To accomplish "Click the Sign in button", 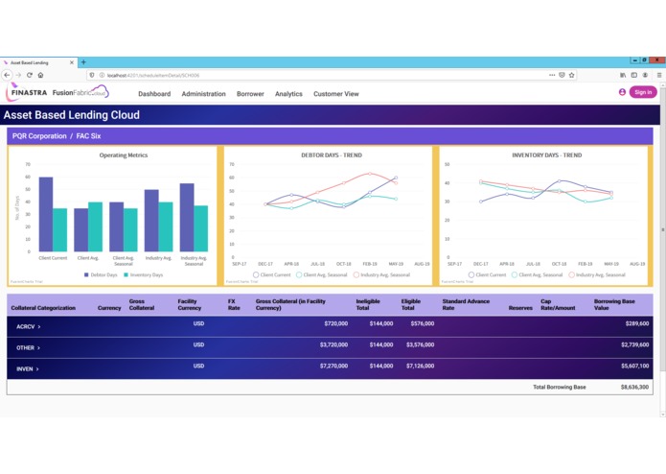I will tap(643, 92).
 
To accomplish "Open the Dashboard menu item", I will tap(154, 94).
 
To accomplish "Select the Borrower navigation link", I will tap(250, 94).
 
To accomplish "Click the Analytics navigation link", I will tap(288, 94).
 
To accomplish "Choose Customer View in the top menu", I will tap(336, 94).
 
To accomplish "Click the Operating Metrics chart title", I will tap(123, 154).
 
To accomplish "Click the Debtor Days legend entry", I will tap(101, 274).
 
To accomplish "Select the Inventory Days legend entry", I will tap(145, 274).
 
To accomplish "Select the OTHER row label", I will tap(28, 347).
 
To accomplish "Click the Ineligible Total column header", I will tap(369, 304).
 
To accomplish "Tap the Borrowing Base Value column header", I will tap(613, 304).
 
